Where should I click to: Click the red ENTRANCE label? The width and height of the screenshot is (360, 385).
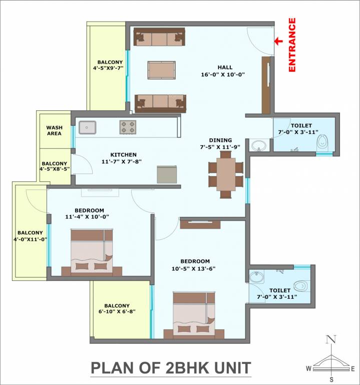point(292,46)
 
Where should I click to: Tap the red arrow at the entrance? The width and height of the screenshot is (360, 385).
point(277,42)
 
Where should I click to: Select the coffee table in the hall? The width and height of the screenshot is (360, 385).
point(161,70)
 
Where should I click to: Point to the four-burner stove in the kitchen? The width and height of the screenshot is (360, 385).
point(128,127)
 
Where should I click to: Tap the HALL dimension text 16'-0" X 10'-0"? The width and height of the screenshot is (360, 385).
point(224,75)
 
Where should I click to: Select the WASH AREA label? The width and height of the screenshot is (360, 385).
point(54,130)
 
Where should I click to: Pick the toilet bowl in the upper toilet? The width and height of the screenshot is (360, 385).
point(322,143)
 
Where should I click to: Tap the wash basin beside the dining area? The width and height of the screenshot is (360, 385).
point(258,146)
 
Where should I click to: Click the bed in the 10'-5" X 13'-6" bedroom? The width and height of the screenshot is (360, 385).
point(194,313)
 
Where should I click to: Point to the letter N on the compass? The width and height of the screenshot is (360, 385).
point(330,339)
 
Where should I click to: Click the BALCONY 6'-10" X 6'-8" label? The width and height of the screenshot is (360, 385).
point(117,308)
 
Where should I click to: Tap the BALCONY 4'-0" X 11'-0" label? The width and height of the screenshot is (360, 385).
point(30,236)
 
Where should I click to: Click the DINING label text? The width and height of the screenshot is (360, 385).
point(220,140)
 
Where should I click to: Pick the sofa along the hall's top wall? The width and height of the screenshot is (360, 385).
point(159,38)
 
